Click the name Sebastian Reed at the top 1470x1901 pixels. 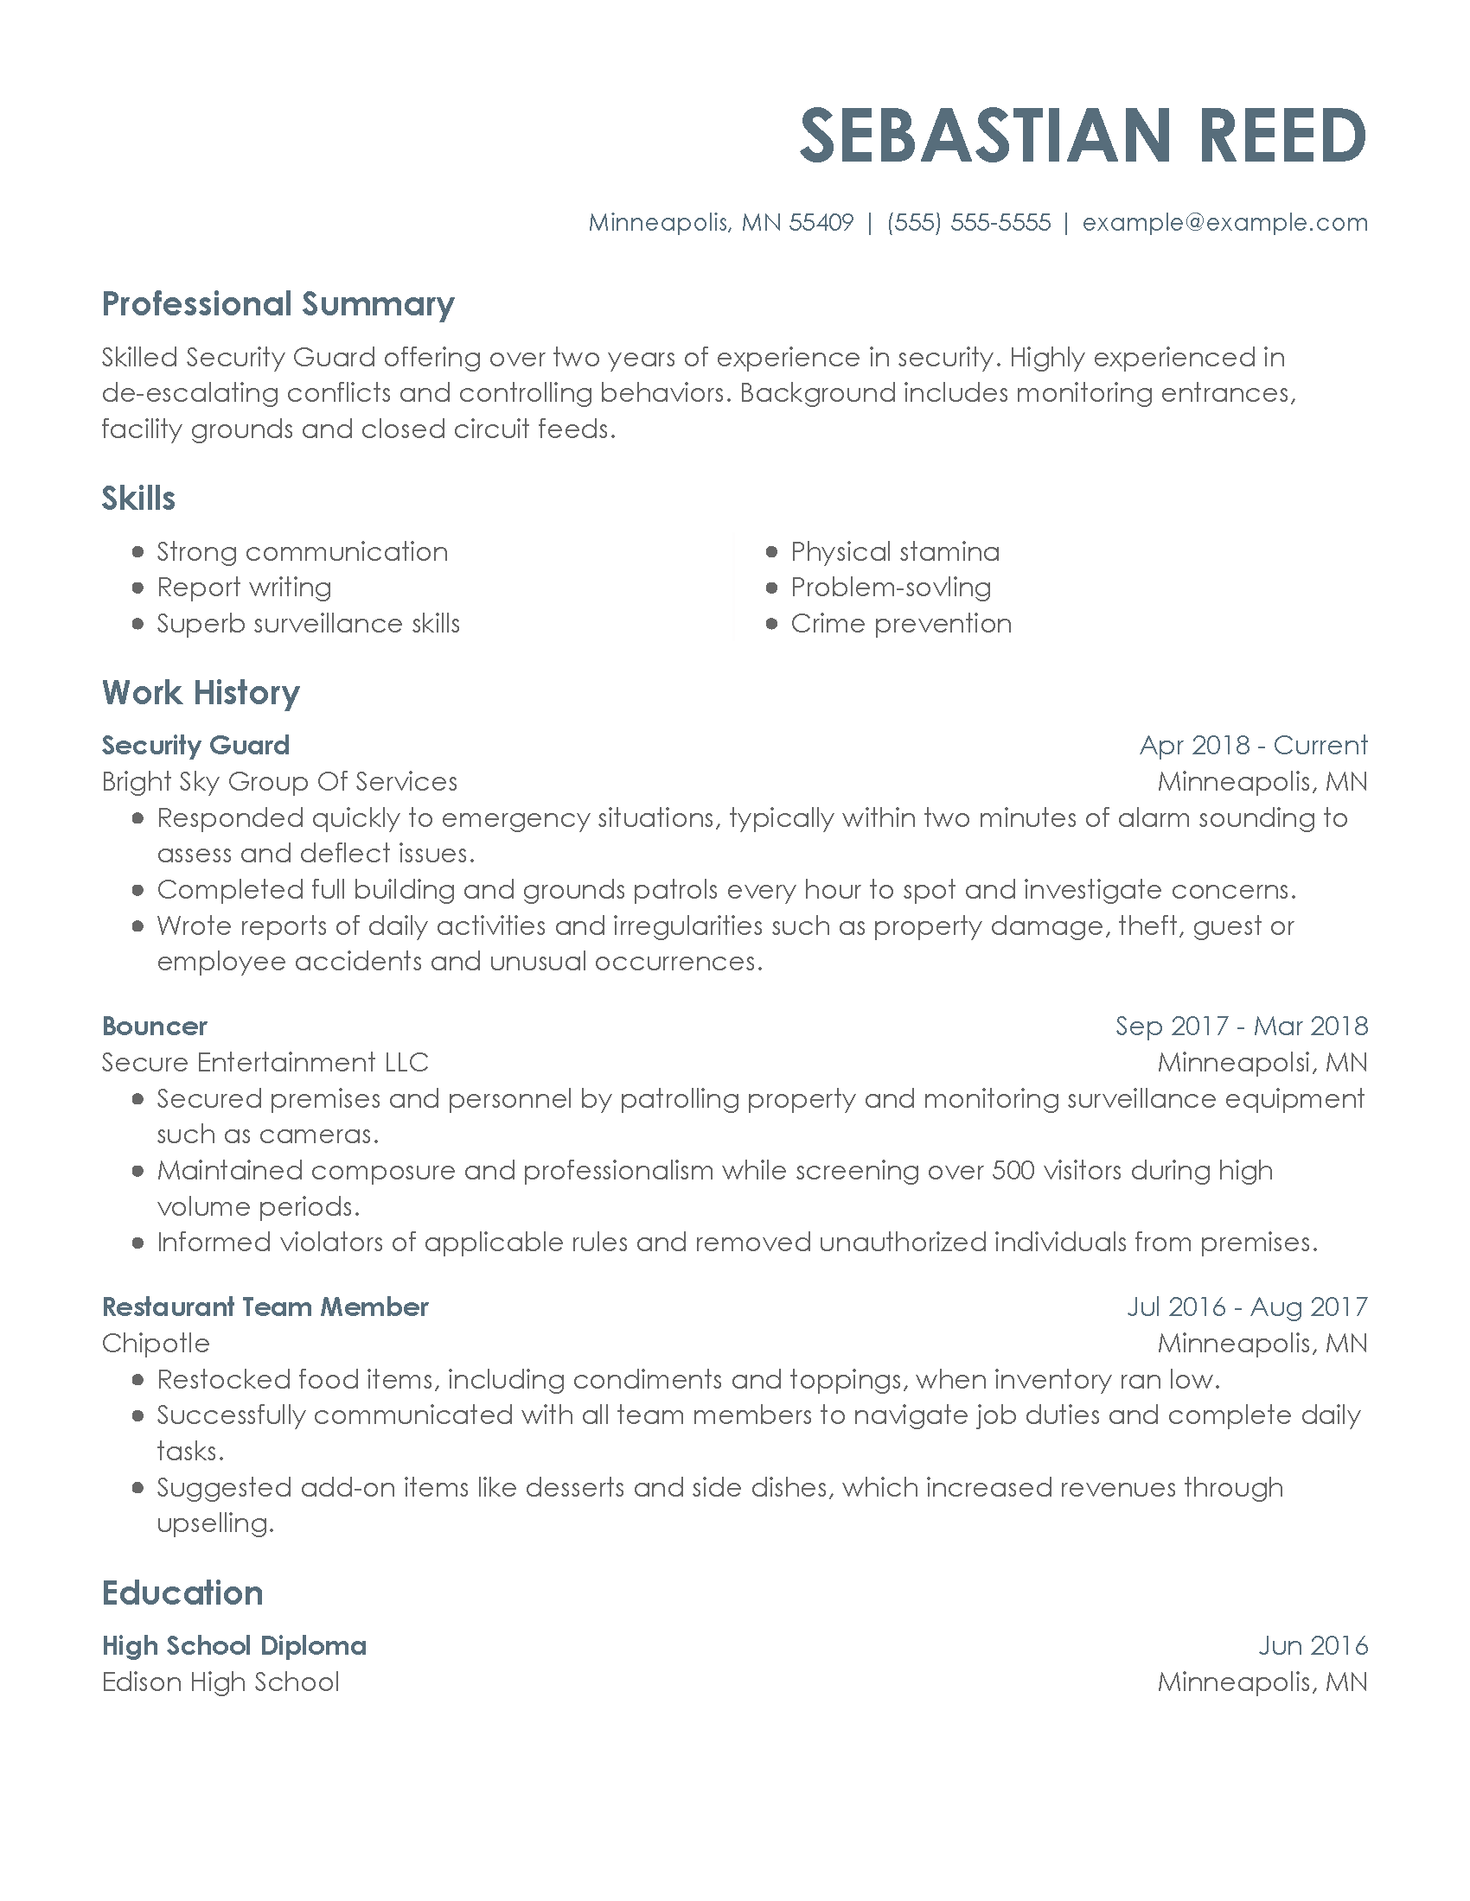coord(1083,137)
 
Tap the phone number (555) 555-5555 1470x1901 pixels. coord(968,223)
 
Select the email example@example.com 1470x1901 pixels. coord(1224,223)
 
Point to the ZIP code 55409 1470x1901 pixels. coord(821,223)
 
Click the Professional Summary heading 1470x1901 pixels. coord(278,304)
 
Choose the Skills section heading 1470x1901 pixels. coord(138,499)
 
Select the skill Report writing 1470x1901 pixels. coord(244,588)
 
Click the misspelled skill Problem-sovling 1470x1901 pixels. coord(890,588)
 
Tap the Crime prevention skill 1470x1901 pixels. coord(900,624)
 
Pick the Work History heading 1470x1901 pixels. coord(201,693)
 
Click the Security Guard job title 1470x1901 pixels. coord(196,745)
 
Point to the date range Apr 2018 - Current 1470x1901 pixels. coord(1253,745)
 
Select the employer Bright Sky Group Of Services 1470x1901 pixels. coord(279,782)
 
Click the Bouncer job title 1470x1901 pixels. coord(155,1027)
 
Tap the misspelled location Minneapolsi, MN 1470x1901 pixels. coord(1262,1063)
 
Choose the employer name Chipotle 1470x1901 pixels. coord(156,1343)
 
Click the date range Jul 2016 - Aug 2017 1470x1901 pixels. coord(1247,1307)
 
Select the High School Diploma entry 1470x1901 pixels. coord(234,1646)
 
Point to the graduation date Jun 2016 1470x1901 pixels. coord(1313,1646)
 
